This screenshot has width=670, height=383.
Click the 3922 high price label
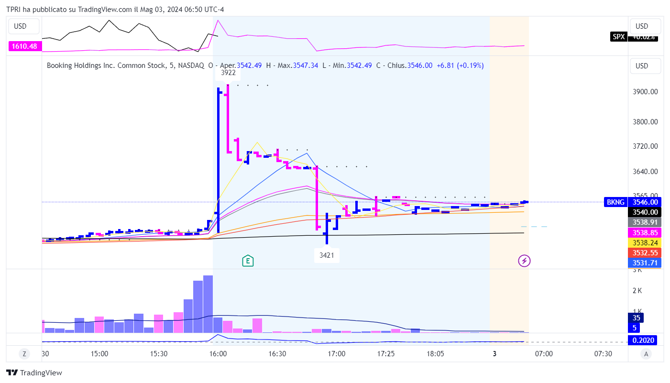click(x=228, y=73)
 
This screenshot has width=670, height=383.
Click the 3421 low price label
click(x=327, y=255)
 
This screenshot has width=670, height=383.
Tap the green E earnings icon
click(x=248, y=261)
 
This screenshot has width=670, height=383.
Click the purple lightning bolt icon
click(x=525, y=261)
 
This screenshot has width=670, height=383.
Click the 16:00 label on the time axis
click(x=218, y=354)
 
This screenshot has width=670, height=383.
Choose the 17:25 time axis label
click(x=386, y=354)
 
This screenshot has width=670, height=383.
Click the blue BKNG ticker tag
click(x=615, y=202)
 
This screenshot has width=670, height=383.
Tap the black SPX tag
click(x=618, y=36)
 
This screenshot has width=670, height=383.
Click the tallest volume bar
click(x=208, y=304)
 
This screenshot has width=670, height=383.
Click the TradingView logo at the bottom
click(x=34, y=373)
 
